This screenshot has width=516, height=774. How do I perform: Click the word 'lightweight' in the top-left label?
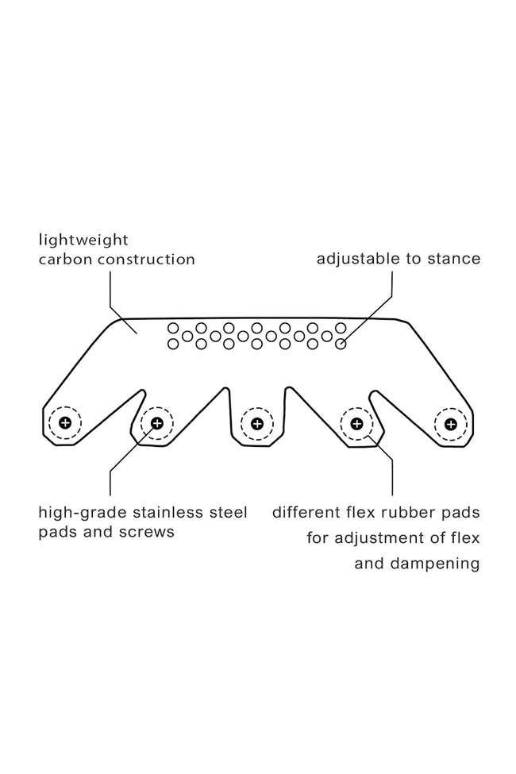(83, 240)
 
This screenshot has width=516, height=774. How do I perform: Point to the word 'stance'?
(454, 260)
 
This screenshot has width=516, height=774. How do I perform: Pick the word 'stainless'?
(168, 512)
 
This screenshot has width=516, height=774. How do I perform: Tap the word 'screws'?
(147, 532)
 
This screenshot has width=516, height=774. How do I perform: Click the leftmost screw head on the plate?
(65, 422)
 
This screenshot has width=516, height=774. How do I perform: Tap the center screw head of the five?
(257, 422)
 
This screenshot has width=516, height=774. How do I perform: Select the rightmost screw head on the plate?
(451, 422)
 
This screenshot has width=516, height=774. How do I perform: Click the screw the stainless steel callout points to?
(157, 422)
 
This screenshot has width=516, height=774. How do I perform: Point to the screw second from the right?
(356, 422)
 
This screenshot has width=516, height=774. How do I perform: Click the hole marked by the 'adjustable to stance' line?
(341, 345)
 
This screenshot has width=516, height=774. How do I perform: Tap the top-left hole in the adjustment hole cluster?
(173, 328)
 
